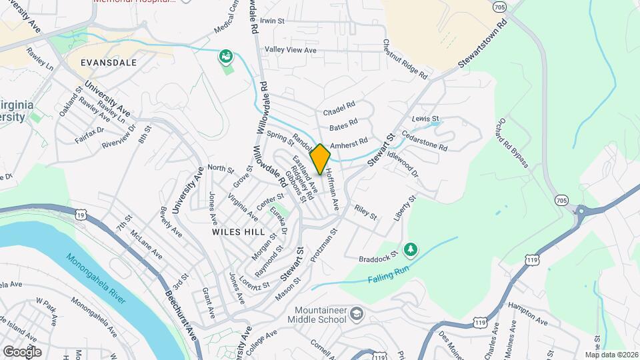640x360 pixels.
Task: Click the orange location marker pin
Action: tap(321, 159)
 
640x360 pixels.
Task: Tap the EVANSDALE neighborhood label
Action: tap(108, 63)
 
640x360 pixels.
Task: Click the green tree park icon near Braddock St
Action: tap(411, 249)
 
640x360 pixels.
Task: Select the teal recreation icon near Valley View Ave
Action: tap(227, 56)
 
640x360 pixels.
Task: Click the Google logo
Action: tap(22, 351)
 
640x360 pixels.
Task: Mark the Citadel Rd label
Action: tap(339, 109)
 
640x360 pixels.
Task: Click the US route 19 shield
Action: tap(81, 215)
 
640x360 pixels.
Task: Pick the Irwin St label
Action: tap(273, 21)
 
